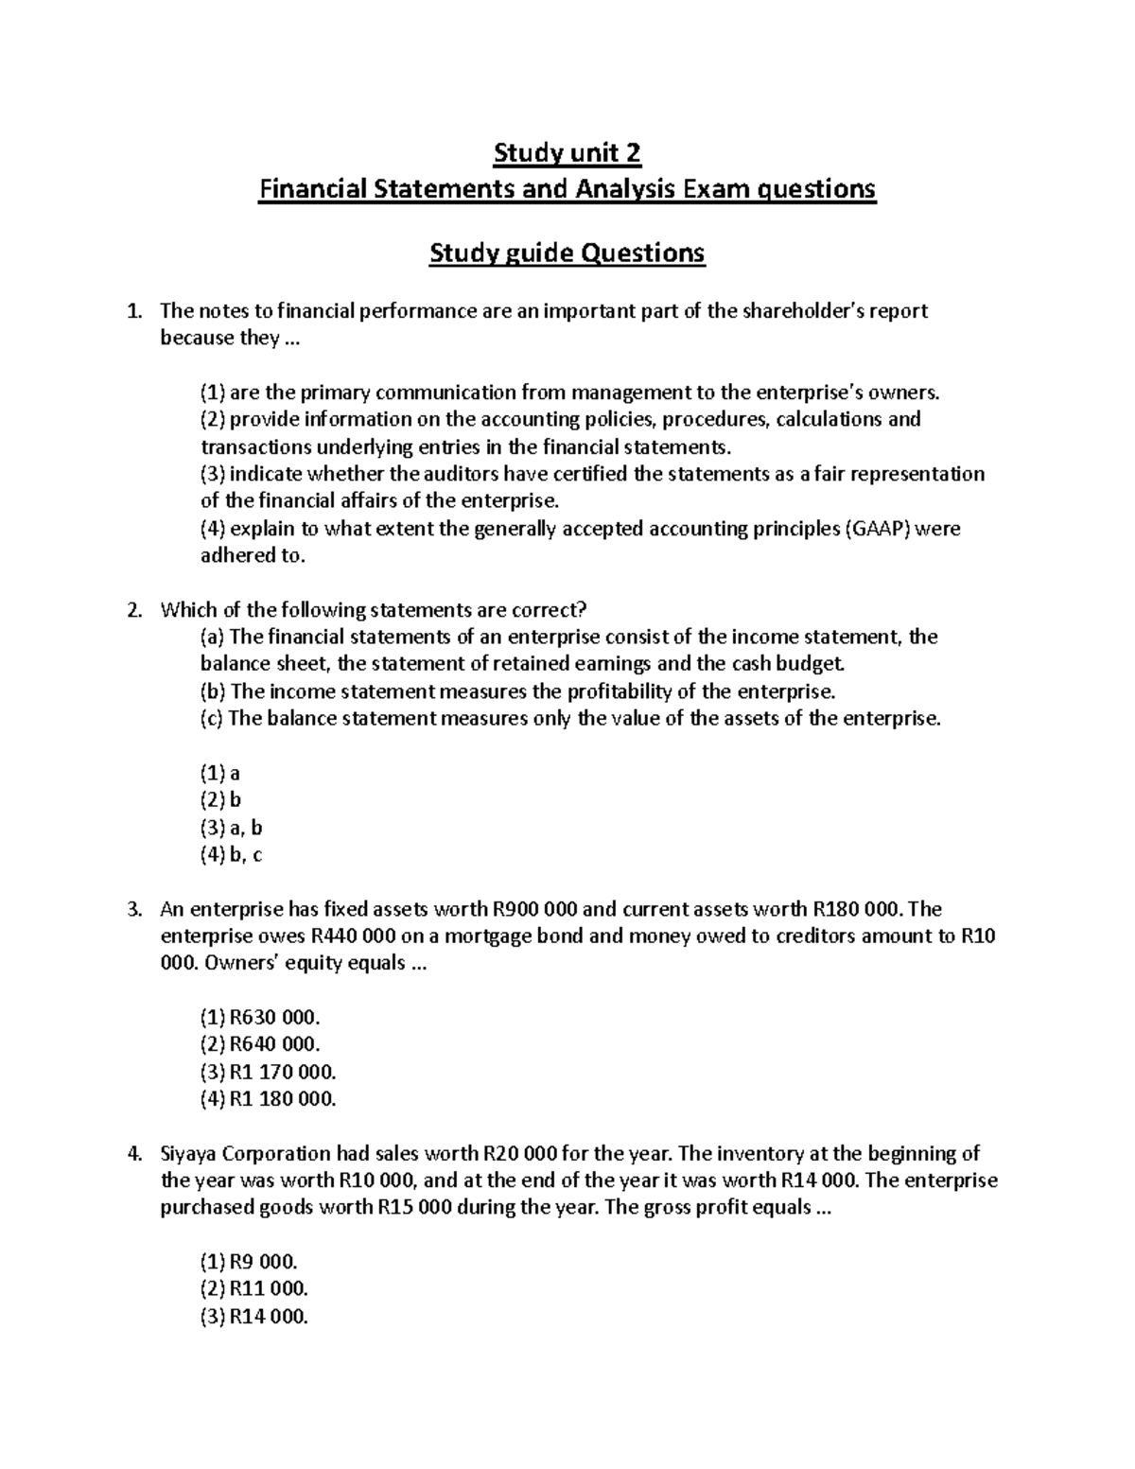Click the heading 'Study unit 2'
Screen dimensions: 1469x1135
pyautogui.click(x=567, y=152)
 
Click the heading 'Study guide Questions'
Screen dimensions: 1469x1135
pyautogui.click(x=567, y=254)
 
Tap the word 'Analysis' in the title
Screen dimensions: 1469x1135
pyautogui.click(x=621, y=190)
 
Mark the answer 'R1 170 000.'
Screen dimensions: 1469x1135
pyautogui.click(x=282, y=1073)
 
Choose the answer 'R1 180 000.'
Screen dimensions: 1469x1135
pyautogui.click(x=282, y=1099)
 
